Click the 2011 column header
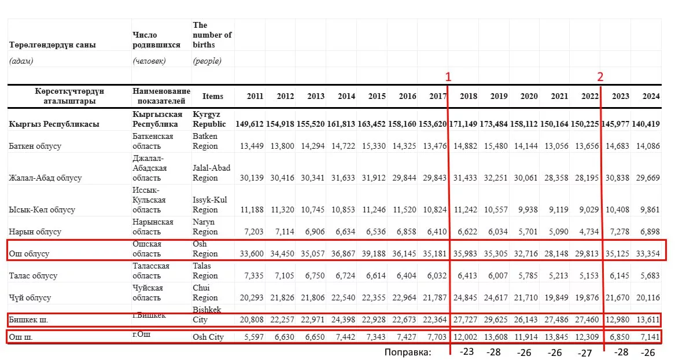[255, 96]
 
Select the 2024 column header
[651, 96]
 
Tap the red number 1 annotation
[448, 76]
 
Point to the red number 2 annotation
[600, 76]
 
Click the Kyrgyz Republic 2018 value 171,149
[463, 124]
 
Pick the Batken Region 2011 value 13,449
[252, 146]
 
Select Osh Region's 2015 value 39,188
[374, 254]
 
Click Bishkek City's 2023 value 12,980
[617, 319]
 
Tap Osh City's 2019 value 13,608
[496, 337]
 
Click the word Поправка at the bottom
[408, 352]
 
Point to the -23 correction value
[467, 351]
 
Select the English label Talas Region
[205, 271]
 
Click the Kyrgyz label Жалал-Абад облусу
[45, 178]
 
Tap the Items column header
[213, 96]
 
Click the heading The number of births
[212, 35]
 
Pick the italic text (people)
[207, 61]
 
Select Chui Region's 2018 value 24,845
[465, 297]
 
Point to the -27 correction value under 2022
[585, 353]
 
